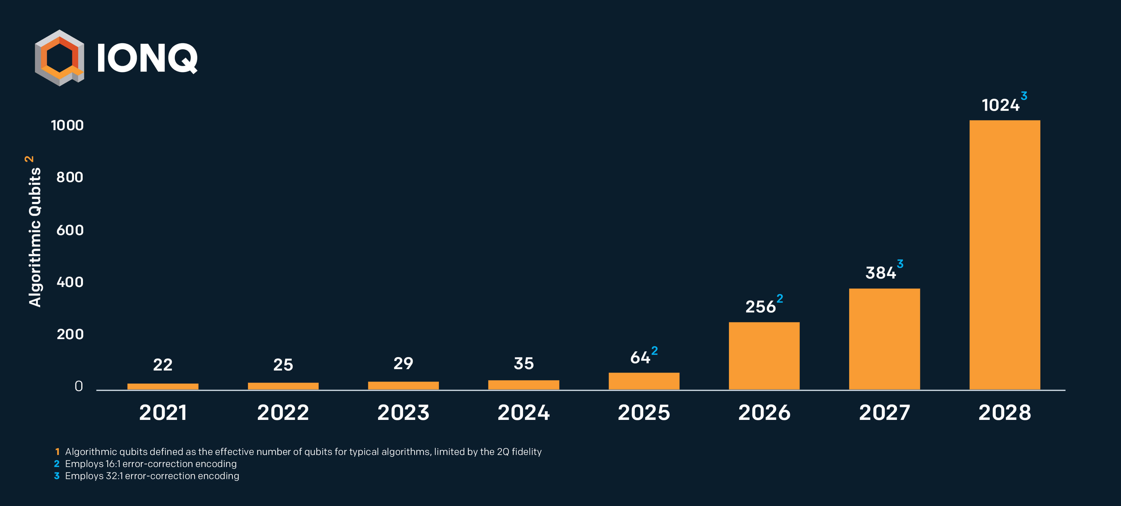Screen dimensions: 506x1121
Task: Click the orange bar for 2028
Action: click(1004, 255)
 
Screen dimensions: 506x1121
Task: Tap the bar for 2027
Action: click(884, 339)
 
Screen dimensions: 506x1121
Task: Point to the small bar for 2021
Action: click(163, 386)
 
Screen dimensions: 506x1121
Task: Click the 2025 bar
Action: click(644, 381)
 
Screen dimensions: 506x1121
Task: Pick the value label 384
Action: click(880, 273)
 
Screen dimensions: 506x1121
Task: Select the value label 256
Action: click(760, 307)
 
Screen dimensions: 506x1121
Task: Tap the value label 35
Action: click(524, 364)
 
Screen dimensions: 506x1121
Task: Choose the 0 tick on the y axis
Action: click(78, 386)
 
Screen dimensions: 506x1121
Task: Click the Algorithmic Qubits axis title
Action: click(35, 237)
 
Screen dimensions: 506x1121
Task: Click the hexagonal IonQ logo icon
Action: click(59, 58)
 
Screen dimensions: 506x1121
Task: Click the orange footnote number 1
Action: click(57, 452)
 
